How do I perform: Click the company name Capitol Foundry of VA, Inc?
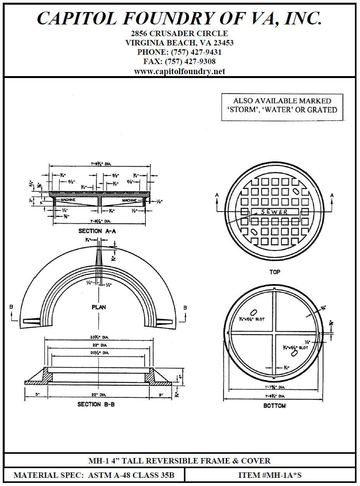pyautogui.click(x=179, y=18)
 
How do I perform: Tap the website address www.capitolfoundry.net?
pyautogui.click(x=179, y=71)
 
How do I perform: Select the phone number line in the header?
pyautogui.click(x=179, y=52)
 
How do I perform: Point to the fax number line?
pyautogui.click(x=179, y=61)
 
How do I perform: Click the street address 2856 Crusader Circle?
pyautogui.click(x=179, y=33)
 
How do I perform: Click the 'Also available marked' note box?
pyautogui.click(x=282, y=106)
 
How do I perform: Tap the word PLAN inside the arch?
pyautogui.click(x=99, y=307)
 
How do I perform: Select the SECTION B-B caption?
pyautogui.click(x=96, y=404)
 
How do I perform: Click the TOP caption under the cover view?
pyautogui.click(x=275, y=272)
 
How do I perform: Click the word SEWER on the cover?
pyautogui.click(x=274, y=212)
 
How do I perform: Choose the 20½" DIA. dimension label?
pyautogui.click(x=97, y=353)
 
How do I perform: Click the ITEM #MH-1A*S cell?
pyautogui.click(x=270, y=475)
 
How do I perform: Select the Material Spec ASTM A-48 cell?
pyautogui.click(x=94, y=475)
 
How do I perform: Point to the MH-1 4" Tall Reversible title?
pyautogui.click(x=179, y=461)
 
